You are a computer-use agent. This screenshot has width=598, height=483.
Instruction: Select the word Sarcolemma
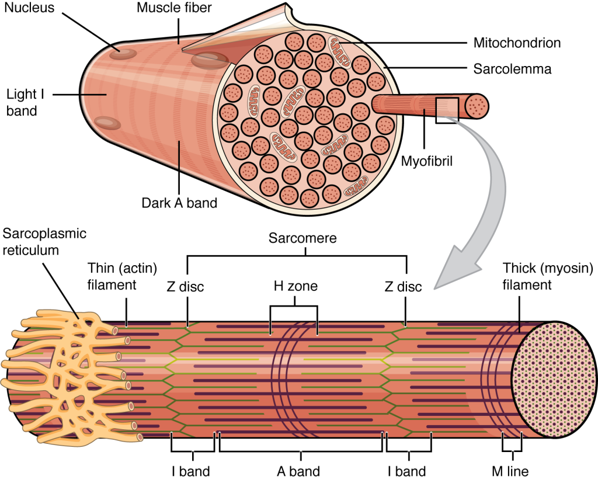pyautogui.click(x=512, y=69)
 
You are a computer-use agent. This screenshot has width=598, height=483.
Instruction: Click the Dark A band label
pyautogui.click(x=179, y=204)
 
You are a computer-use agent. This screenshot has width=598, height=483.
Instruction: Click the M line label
pyautogui.click(x=511, y=471)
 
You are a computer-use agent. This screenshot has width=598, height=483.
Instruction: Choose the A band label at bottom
pyautogui.click(x=298, y=471)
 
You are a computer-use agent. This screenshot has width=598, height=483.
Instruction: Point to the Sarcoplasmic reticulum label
pyautogui.click(x=44, y=242)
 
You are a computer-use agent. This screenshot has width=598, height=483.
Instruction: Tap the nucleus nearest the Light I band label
pyautogui.click(x=108, y=122)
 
